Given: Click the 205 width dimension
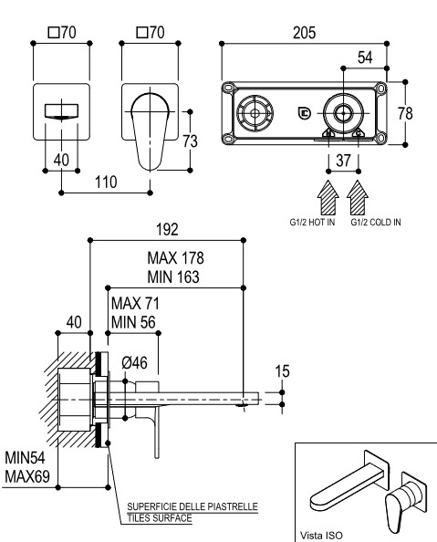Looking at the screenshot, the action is click(x=304, y=33).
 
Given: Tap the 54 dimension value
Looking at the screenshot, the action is click(x=365, y=57).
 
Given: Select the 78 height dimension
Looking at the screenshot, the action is click(x=405, y=113).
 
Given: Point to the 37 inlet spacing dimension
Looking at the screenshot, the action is click(x=343, y=161).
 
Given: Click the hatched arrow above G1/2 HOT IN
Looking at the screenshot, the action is click(x=328, y=197).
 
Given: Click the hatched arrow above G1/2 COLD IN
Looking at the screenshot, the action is click(x=358, y=197).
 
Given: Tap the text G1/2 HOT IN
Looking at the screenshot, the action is click(x=312, y=223).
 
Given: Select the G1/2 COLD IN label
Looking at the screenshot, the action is click(x=376, y=223).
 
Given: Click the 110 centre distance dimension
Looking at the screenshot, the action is click(x=106, y=182).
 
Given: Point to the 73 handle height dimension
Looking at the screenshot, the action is click(x=190, y=141).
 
